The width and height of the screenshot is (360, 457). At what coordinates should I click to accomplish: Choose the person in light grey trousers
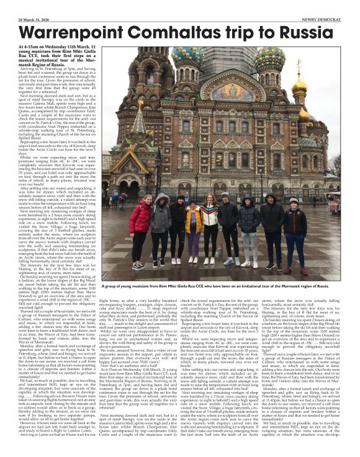248,242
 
